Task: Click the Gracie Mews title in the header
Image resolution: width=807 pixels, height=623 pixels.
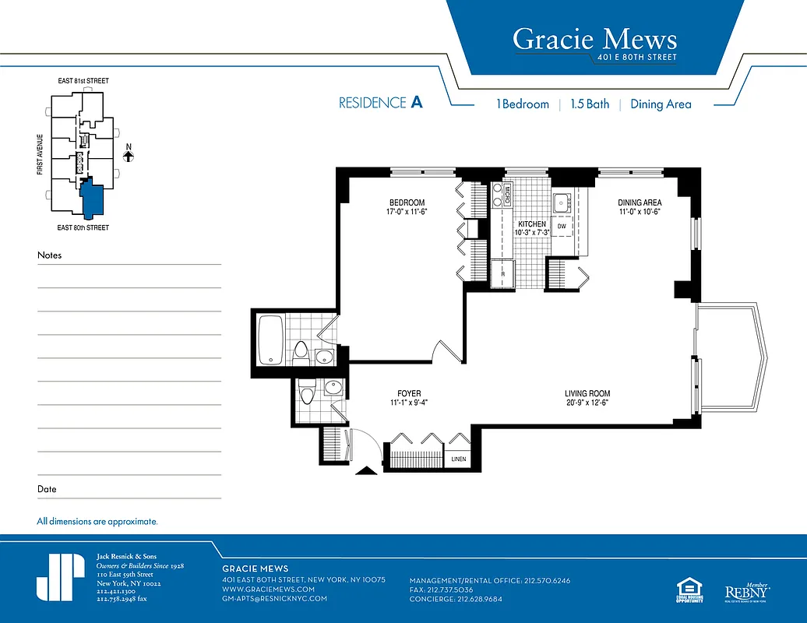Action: (x=594, y=38)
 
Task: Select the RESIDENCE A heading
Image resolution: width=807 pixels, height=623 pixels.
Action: (x=380, y=103)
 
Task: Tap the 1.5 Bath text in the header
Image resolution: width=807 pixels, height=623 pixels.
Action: (x=590, y=104)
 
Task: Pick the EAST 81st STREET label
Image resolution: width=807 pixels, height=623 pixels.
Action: (x=83, y=81)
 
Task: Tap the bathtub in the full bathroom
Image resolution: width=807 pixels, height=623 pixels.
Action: (x=270, y=339)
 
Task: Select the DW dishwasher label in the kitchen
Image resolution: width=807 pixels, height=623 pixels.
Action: (x=561, y=226)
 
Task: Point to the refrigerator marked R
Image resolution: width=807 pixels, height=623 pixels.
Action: (x=503, y=274)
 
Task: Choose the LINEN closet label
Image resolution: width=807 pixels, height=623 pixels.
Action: (x=458, y=459)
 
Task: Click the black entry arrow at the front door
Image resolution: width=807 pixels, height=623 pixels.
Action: (x=364, y=470)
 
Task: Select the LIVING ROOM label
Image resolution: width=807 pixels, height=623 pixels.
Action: (x=587, y=394)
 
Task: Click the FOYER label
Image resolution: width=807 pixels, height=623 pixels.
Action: (x=409, y=394)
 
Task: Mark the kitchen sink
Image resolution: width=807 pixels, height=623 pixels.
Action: (x=562, y=204)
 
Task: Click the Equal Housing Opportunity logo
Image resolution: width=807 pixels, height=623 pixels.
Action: (x=690, y=590)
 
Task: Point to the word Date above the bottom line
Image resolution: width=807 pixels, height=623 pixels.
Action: (x=47, y=489)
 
